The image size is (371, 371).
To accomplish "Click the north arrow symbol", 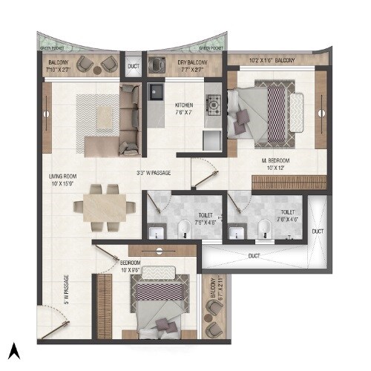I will point(13,348).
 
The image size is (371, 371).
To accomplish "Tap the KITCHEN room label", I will point(184,109).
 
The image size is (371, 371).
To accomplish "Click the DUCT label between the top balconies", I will point(133,66).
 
